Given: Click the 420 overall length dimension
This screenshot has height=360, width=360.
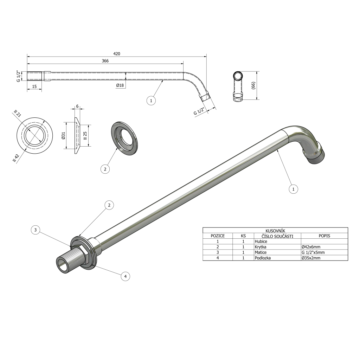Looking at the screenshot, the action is (x=117, y=54).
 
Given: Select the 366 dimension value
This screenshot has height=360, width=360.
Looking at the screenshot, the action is (x=105, y=61).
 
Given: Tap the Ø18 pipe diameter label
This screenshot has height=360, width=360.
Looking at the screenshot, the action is (x=120, y=85).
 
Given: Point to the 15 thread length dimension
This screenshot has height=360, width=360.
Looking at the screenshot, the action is (x=34, y=86).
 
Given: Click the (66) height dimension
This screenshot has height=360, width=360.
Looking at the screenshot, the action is (x=253, y=85).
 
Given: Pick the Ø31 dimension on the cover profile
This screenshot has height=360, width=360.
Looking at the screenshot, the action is (x=64, y=136).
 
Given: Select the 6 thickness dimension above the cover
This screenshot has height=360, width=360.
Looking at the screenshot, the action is (x=77, y=106).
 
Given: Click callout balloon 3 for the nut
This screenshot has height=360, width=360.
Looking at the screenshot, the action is (x=36, y=230).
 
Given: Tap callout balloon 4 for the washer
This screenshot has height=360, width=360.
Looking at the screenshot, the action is (x=126, y=276).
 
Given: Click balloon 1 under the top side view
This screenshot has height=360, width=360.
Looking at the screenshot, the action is (x=151, y=101).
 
